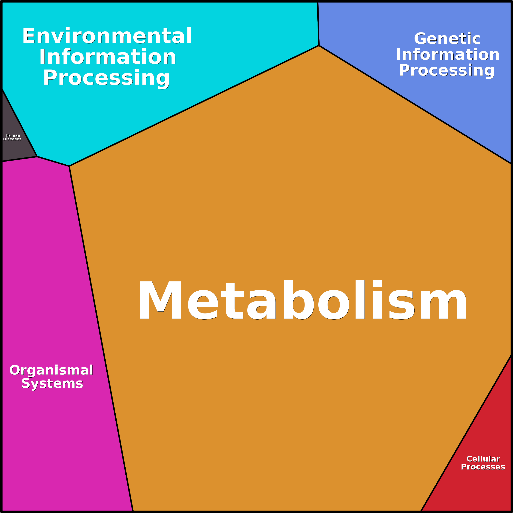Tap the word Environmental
pos(107,36)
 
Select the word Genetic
pos(447,39)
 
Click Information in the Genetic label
pos(448,55)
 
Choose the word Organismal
pos(51,370)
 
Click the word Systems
pos(52,383)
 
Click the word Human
pos(13,135)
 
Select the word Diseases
pos(12,139)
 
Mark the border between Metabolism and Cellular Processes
pos(466,433)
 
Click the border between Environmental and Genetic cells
pos(318,24)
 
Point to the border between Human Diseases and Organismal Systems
pos(19,159)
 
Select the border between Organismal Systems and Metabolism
pos(101,339)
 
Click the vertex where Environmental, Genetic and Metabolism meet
pos(319,46)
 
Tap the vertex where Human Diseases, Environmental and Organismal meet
pos(37,157)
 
